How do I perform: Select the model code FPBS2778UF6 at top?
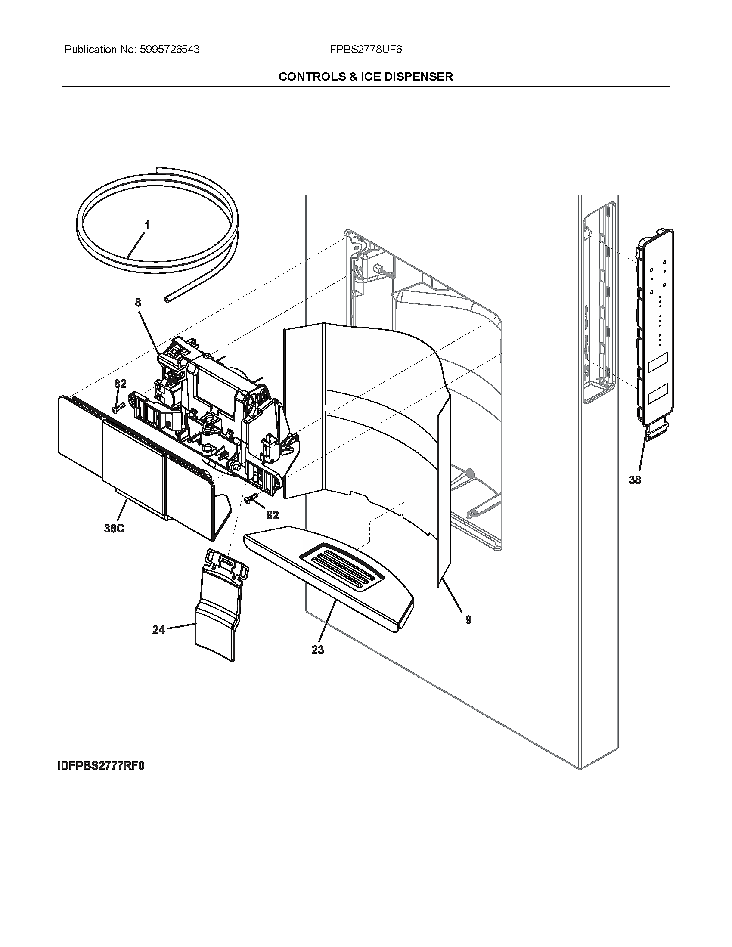(366, 50)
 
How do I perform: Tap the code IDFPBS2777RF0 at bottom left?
(101, 766)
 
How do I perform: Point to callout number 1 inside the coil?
(147, 225)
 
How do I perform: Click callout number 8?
(138, 303)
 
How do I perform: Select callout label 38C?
(114, 529)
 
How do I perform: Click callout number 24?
(159, 630)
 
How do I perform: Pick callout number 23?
(317, 650)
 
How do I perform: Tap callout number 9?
(468, 619)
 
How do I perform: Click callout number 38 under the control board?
(634, 480)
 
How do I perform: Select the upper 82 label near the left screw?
(120, 384)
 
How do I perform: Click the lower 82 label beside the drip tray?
(272, 515)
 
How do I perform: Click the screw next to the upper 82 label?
(118, 407)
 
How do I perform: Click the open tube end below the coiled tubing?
(167, 299)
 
